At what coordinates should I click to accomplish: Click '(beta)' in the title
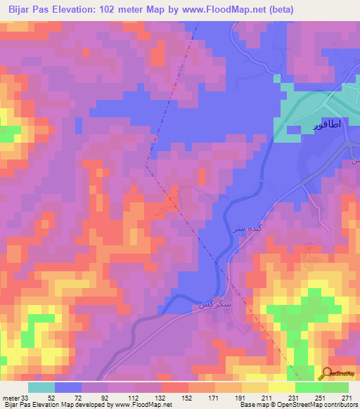click(279, 9)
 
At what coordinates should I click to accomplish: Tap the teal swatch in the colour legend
click(41, 387)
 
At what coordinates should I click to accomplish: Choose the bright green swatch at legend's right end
click(335, 387)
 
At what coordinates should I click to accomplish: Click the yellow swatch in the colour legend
click(282, 387)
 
